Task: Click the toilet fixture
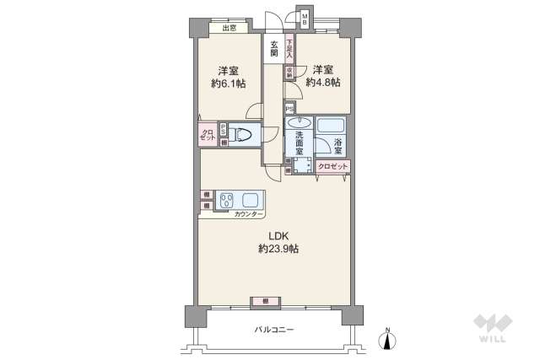243,134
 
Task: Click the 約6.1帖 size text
228,83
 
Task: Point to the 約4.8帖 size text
323,83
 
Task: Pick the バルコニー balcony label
274,330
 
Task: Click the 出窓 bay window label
229,29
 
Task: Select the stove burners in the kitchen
227,201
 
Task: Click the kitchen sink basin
251,201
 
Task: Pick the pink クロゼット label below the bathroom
333,166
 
